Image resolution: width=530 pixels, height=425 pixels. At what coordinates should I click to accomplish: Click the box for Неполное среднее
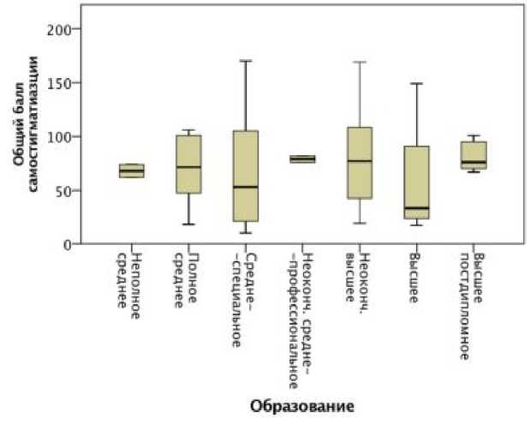coord(131,171)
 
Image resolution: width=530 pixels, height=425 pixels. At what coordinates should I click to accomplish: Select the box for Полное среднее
coord(188,164)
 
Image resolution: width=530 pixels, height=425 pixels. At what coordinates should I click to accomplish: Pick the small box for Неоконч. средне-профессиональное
coord(302,159)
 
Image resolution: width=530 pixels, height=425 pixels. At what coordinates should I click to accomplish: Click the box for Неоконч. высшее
coord(360,163)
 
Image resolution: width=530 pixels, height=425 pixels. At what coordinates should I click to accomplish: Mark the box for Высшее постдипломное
coord(473,155)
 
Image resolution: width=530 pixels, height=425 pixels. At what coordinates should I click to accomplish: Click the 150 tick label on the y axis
coord(69,83)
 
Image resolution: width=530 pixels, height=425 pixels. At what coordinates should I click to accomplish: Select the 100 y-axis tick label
coord(69,137)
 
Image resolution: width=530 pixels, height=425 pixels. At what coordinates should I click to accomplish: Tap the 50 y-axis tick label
coord(72,190)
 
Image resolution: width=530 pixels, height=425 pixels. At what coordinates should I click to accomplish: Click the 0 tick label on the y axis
coord(75,244)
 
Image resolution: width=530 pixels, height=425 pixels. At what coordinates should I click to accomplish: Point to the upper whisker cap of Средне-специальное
coord(245,61)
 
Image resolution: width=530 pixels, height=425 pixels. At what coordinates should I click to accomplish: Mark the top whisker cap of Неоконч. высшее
coord(360,62)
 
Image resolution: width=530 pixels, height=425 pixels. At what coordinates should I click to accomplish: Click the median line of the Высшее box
coord(416,208)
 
